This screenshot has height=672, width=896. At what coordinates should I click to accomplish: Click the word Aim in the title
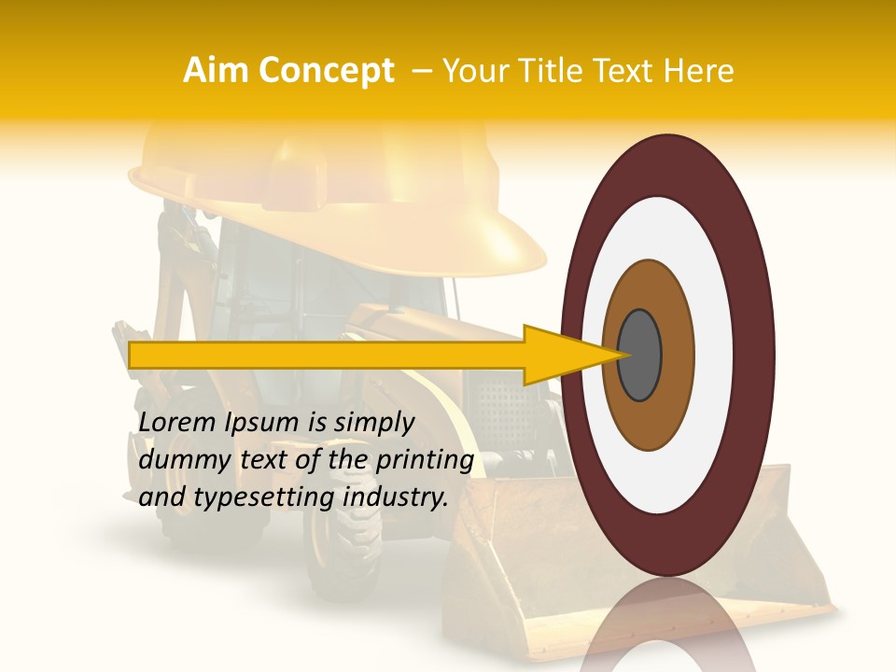(x=216, y=71)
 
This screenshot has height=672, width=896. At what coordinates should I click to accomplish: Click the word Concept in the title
(x=326, y=71)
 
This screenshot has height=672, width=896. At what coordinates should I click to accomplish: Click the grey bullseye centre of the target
(x=639, y=356)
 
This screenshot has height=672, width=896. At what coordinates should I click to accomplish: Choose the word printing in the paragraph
(x=425, y=461)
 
